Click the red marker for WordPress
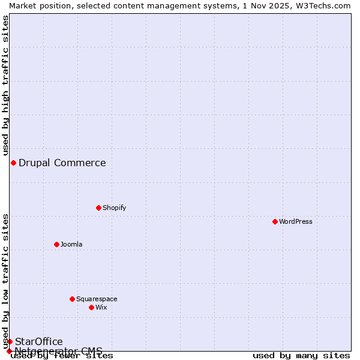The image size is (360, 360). point(275,221)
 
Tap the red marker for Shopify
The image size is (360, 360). point(98,208)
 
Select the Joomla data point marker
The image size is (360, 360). point(56,244)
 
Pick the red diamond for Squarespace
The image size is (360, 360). point(72,299)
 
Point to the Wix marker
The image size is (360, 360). point(91,307)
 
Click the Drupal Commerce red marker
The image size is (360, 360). point(13,163)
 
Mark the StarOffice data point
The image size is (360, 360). point(10,341)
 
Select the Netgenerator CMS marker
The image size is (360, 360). point(9,351)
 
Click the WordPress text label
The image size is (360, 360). point(295,221)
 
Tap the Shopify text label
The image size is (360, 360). point(114,208)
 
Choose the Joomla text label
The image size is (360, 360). point(71,244)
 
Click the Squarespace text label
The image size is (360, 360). point(97,299)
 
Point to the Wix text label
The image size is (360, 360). point(101,307)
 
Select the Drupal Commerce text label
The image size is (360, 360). point(62,163)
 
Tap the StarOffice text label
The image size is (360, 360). point(38,341)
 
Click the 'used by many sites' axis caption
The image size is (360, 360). point(301,355)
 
